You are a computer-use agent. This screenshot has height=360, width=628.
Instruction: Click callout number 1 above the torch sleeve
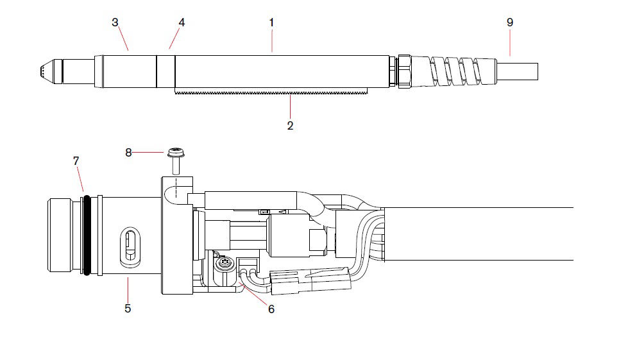[271, 22]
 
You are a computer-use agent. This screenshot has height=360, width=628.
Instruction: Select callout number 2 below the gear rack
[290, 126]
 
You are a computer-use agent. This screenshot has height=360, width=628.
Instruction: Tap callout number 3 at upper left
[115, 22]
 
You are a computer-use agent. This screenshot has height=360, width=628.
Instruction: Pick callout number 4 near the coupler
[182, 22]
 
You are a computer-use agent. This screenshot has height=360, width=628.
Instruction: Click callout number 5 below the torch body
[128, 309]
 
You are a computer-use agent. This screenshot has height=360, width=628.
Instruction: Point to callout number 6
[271, 309]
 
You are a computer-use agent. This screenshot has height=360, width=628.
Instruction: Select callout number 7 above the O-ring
[76, 159]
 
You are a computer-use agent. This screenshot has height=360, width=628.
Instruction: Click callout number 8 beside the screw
[128, 152]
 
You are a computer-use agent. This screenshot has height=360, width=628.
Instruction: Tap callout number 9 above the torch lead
[510, 22]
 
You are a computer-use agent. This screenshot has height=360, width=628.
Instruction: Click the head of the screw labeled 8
[174, 153]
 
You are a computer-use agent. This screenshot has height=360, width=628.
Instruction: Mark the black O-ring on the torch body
[85, 235]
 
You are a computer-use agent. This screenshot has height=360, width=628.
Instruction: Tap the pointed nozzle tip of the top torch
[39, 71]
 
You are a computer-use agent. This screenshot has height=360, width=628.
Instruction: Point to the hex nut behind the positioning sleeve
[403, 71]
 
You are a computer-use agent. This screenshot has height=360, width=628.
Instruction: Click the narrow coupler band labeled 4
[166, 71]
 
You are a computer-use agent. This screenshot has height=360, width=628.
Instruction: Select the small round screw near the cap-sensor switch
[224, 263]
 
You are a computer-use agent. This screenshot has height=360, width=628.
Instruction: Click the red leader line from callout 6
[255, 293]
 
